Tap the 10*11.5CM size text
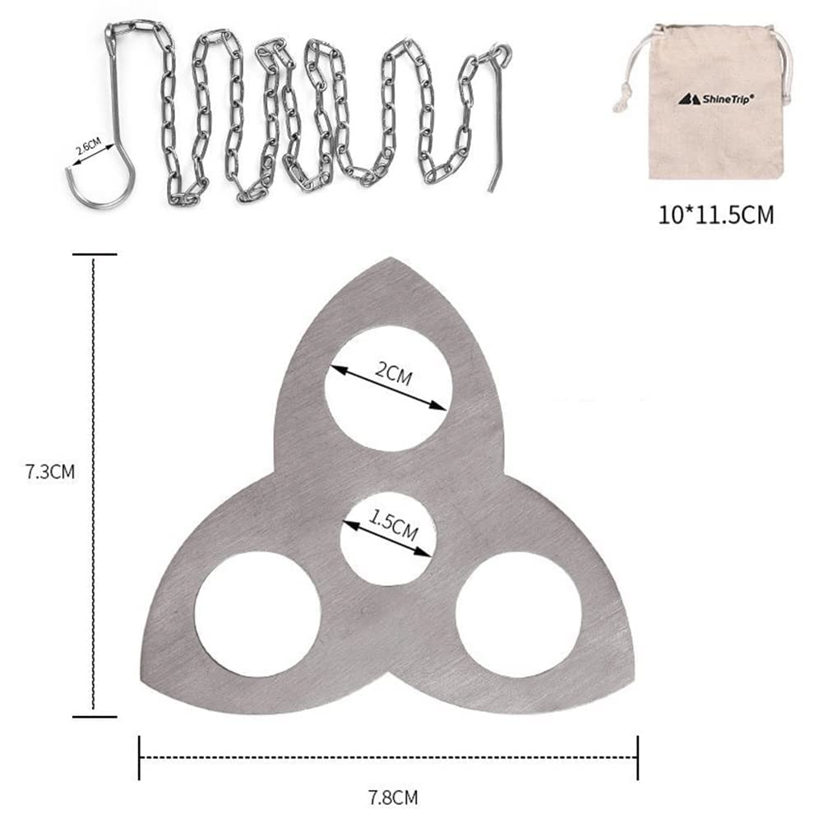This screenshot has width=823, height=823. pos(716,215)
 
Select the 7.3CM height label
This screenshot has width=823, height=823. pos(50,472)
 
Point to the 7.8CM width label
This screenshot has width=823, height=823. pos(393,798)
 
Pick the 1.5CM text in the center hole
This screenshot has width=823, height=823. pos(393,525)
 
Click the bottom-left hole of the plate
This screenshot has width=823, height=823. pos(257,613)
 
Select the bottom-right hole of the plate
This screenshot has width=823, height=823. pos(519,614)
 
